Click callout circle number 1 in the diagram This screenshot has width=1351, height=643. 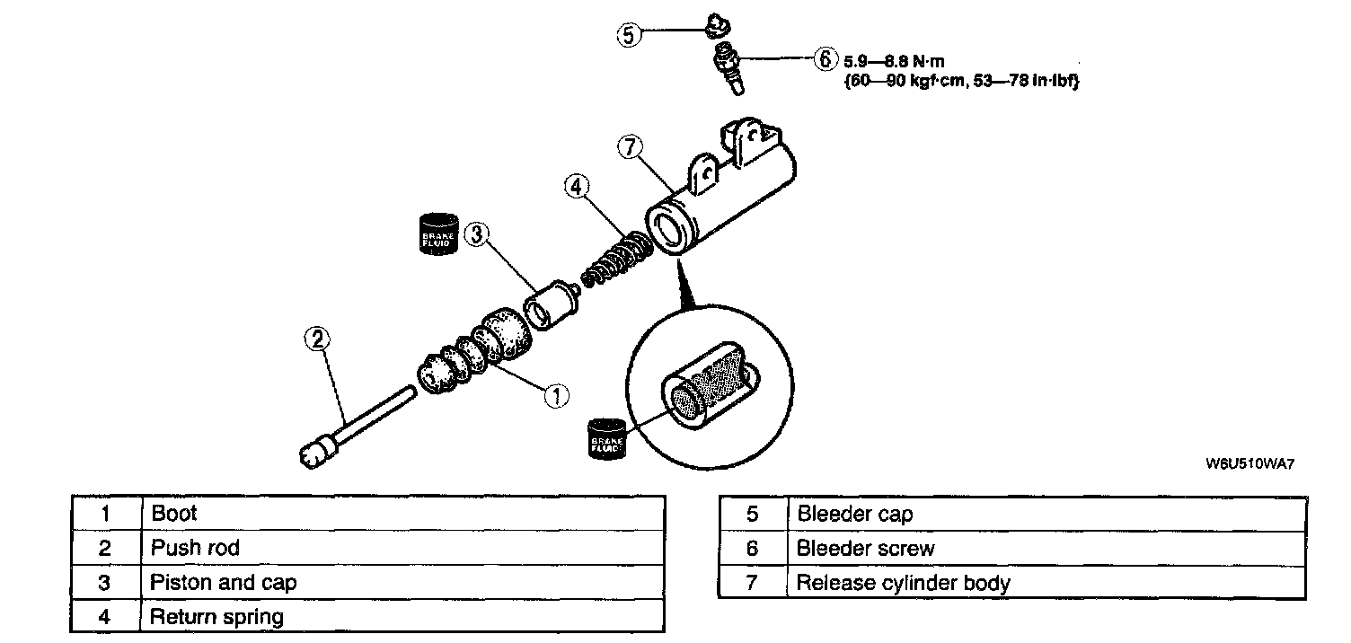pyautogui.click(x=556, y=395)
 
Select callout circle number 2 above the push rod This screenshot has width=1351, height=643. pyautogui.click(x=318, y=339)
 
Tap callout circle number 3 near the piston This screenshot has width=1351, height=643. pyautogui.click(x=477, y=235)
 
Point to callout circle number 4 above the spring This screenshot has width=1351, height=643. pyautogui.click(x=578, y=187)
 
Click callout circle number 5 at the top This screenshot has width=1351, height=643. pyautogui.click(x=629, y=35)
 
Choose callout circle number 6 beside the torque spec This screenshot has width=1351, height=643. pyautogui.click(x=824, y=60)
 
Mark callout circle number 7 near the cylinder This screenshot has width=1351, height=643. pyautogui.click(x=630, y=147)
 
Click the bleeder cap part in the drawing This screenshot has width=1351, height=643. pyautogui.click(x=716, y=26)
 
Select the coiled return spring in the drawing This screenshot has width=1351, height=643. pyautogui.click(x=618, y=259)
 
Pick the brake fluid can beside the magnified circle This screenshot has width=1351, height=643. pyautogui.click(x=609, y=442)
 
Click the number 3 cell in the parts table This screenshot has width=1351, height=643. pyautogui.click(x=105, y=582)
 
